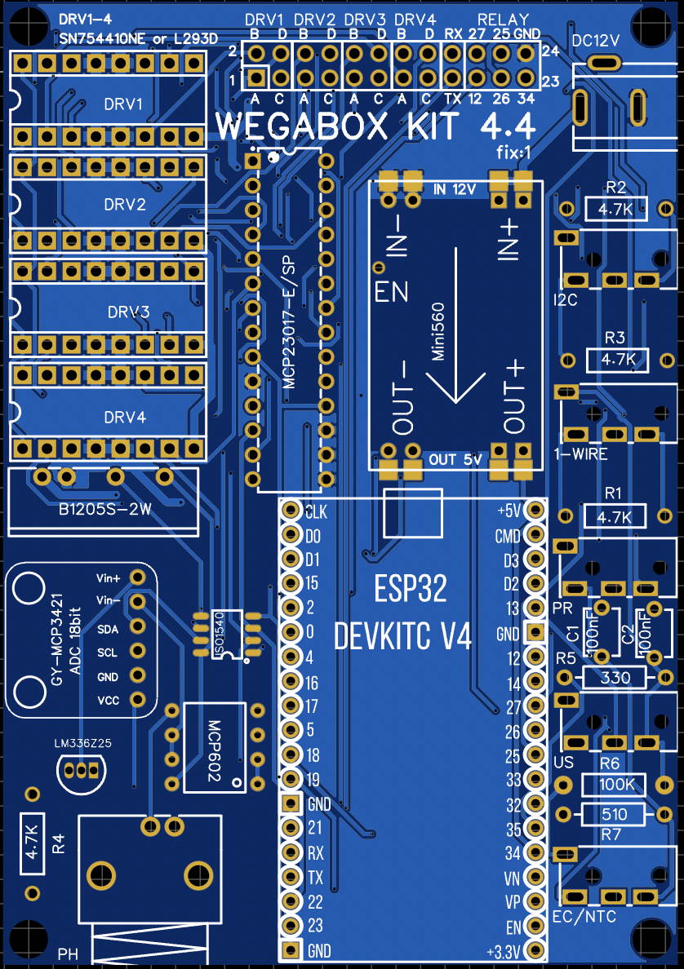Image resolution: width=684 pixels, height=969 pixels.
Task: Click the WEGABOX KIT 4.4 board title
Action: pos(375,127)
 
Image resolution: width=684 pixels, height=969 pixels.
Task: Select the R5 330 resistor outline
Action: pos(615,677)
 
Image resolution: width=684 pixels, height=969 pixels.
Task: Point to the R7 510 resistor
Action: pos(614,814)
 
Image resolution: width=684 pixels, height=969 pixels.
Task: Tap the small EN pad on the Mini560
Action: pos(379,267)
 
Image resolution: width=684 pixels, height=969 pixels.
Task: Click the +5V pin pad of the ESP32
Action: pos(535,510)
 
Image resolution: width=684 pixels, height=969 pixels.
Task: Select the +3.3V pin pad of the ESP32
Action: pos(535,951)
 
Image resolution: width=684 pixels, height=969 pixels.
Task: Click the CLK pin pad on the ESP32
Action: pos(290,511)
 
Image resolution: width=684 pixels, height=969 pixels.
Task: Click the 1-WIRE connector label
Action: pos(580,454)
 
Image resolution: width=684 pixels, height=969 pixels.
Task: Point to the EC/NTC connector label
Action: pos(584,917)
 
